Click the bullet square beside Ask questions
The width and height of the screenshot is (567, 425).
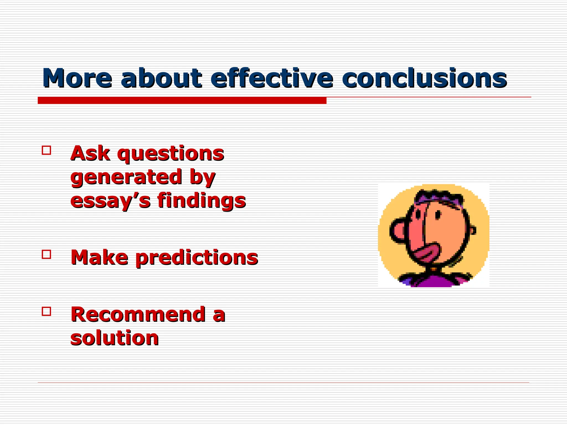(x=47, y=150)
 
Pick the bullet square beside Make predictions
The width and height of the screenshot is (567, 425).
(x=47, y=254)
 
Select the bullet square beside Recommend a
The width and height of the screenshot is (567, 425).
(x=47, y=311)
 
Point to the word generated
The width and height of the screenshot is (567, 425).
(x=126, y=178)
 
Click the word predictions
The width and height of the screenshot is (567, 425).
(x=197, y=258)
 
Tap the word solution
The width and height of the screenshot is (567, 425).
(x=114, y=338)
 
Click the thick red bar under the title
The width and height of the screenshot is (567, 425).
(x=182, y=100)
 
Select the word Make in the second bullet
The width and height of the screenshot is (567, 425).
(x=99, y=258)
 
